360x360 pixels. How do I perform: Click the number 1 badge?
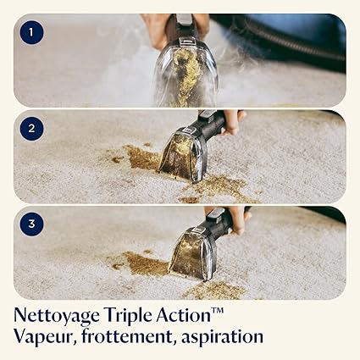(x=31, y=32)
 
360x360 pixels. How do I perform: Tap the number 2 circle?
(x=31, y=129)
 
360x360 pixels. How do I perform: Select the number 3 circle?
(x=31, y=224)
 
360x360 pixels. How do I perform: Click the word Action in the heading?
(x=184, y=315)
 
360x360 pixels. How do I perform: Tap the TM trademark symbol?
(x=218, y=311)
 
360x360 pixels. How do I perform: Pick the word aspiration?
(x=222, y=337)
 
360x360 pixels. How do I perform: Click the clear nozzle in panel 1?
(x=186, y=75)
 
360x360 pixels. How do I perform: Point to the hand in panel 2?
(x=233, y=122)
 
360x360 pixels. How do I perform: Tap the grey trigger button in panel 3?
(x=215, y=214)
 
